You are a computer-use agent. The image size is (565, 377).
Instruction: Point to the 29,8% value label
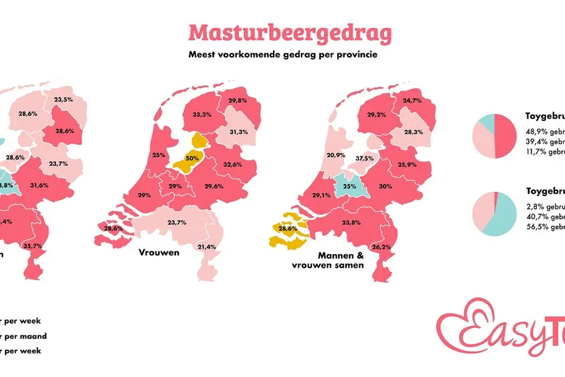(237, 100)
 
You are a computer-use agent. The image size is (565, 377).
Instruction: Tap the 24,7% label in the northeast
(411, 101)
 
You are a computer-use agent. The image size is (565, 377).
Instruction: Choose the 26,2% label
(382, 247)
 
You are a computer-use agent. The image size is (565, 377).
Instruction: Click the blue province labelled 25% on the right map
(349, 184)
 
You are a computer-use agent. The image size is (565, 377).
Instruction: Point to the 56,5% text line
(545, 227)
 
